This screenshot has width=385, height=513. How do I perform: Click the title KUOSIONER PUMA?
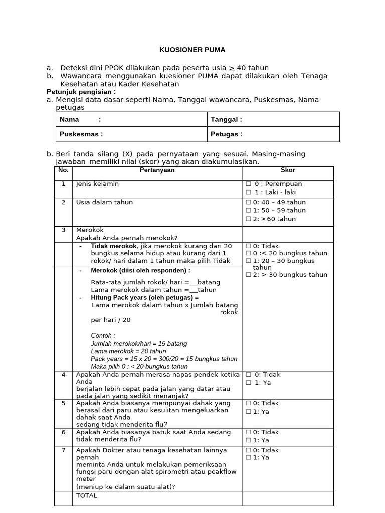[192, 50]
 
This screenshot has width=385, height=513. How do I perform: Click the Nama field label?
[69, 119]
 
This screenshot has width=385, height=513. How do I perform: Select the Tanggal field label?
[226, 119]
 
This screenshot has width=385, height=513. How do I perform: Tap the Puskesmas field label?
[81, 134]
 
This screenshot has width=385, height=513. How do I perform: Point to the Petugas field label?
[226, 134]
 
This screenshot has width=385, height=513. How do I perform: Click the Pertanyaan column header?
[157, 170]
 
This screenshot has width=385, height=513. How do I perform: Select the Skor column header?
[288, 170]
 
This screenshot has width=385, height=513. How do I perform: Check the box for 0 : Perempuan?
[248, 184]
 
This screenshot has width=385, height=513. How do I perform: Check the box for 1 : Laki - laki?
[248, 192]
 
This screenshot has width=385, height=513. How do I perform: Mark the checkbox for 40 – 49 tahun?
[248, 203]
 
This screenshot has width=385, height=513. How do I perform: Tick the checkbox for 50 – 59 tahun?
[248, 211]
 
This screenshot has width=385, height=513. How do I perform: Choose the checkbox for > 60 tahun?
[248, 219]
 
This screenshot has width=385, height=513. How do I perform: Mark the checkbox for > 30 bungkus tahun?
[248, 275]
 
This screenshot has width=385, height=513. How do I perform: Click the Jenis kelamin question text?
[97, 184]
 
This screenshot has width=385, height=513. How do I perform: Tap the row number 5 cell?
[63, 403]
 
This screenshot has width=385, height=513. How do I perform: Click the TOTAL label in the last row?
[86, 496]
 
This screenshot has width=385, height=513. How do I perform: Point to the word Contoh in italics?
[103, 336]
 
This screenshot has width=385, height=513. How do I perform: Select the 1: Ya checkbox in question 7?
[248, 458]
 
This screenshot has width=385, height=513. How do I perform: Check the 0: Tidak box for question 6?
[248, 432]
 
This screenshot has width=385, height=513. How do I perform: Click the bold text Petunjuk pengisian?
[81, 92]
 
